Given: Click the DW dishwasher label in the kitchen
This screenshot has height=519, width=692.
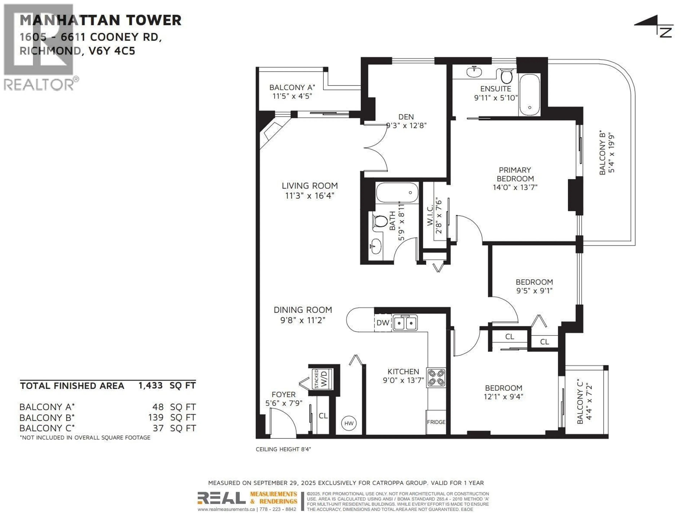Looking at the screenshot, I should click(x=383, y=323).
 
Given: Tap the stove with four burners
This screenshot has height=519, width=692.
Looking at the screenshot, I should click(x=436, y=377).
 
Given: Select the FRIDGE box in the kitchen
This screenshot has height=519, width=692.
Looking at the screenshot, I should click(x=436, y=422).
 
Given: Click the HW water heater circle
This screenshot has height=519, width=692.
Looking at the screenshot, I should click(x=349, y=423).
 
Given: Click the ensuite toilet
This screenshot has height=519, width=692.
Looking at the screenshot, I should click(x=506, y=76).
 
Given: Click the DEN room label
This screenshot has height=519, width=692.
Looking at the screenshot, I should click(x=406, y=117).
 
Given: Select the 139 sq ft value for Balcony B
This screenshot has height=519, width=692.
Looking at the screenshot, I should click(x=156, y=417).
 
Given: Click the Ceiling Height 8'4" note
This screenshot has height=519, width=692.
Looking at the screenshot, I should click(x=283, y=449).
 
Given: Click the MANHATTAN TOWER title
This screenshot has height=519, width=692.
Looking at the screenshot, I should click(x=100, y=20).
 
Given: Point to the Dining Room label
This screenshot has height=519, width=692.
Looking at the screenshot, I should click(x=303, y=310).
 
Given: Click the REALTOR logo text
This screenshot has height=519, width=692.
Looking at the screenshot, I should click(x=39, y=85).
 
